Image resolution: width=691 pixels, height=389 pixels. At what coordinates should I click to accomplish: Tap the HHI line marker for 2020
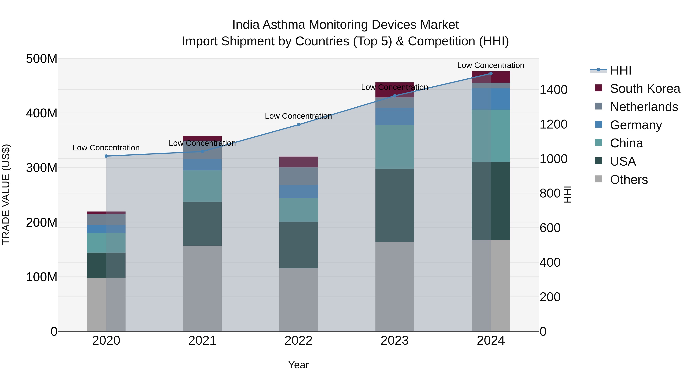coord(106,156)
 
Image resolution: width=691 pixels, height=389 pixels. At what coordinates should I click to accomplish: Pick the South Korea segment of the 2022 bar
coord(298,162)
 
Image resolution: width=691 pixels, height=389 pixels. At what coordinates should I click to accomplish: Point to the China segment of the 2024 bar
coord(491,136)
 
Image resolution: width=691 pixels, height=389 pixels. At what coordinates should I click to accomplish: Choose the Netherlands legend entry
coord(644,107)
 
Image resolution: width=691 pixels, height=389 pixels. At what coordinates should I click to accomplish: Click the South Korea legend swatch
coord(598,88)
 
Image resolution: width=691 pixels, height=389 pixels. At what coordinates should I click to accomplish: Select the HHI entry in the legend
coord(620,70)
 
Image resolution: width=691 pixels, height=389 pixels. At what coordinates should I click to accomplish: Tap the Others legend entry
coord(628,180)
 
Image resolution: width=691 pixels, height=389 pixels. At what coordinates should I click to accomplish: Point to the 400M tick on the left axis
coord(42,113)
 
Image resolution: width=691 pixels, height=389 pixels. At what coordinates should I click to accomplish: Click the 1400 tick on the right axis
coord(553,90)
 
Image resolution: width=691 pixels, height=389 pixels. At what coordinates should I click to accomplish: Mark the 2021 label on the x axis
coord(202,341)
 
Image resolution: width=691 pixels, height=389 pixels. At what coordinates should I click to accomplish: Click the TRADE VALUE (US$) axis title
coord(6,194)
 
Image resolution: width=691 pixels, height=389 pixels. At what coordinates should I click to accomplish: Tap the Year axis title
coord(298,365)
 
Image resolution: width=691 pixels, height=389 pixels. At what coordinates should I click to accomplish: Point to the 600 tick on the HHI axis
coord(550,228)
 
